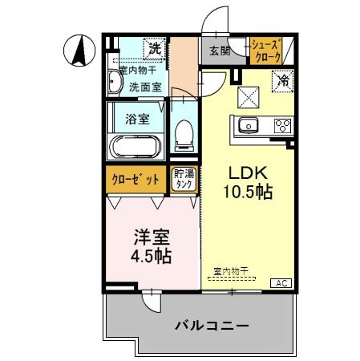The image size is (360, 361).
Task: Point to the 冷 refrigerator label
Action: pos(282,79)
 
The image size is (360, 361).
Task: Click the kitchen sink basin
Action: pos(246,125)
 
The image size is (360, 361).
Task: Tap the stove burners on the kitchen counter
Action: pos(282,125)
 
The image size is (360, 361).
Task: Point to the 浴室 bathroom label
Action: pos(136,120)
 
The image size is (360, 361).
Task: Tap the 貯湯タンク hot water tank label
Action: pos(184,179)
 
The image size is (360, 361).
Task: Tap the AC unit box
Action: pos(283,283)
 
